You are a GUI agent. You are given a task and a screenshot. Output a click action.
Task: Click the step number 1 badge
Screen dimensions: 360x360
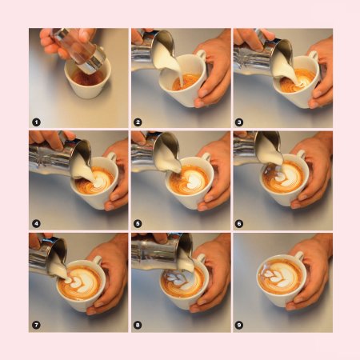click(x=36, y=122)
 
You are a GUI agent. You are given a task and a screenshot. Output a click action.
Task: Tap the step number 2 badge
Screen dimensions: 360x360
click(x=138, y=122)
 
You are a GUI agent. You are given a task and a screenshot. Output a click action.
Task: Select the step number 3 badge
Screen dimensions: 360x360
click(x=239, y=122)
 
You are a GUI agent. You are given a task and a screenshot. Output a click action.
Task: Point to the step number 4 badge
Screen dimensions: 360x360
click(x=36, y=223)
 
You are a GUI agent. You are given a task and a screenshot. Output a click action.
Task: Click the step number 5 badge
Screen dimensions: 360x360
click(x=138, y=223)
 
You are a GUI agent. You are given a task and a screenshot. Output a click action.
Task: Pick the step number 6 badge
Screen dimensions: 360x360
click(x=239, y=223)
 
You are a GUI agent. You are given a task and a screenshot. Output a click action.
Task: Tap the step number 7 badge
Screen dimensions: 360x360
click(x=36, y=325)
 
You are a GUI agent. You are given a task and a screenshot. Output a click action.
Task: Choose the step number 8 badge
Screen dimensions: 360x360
click(x=138, y=325)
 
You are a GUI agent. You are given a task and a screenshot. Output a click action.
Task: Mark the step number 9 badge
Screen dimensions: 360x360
click(x=239, y=325)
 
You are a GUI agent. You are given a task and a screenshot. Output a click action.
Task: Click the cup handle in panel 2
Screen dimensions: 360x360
click(x=201, y=54)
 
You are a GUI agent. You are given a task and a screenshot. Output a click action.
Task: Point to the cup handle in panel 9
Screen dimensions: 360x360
click(x=299, y=256)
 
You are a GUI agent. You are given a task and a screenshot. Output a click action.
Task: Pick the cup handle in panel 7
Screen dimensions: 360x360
click(x=97, y=260)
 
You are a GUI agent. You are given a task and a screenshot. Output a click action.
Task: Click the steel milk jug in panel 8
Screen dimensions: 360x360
click(x=162, y=250)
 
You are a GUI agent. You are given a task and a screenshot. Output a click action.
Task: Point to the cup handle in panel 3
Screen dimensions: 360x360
click(x=314, y=55)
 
